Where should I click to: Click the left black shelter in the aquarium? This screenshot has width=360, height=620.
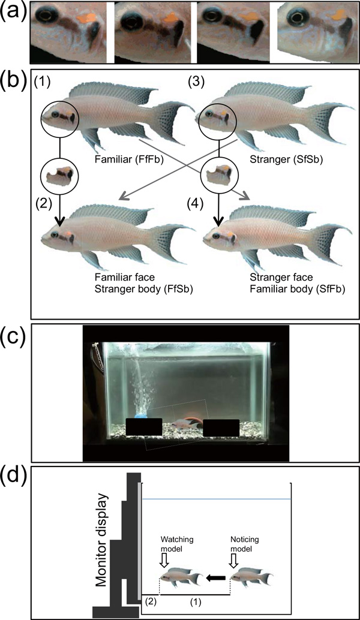point(144,427)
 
